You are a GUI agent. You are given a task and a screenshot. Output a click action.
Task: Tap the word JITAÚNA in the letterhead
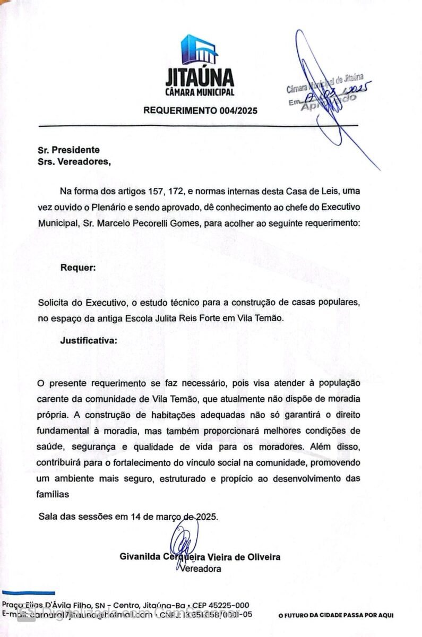[x=199, y=78]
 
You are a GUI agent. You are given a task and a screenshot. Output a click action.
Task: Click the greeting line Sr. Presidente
[x=68, y=150]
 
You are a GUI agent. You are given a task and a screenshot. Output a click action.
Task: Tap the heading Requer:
[x=78, y=268]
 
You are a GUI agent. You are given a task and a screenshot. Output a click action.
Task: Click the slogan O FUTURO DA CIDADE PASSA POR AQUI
[x=336, y=616]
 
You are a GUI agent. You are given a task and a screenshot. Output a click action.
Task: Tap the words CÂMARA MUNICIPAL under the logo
[x=199, y=92]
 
